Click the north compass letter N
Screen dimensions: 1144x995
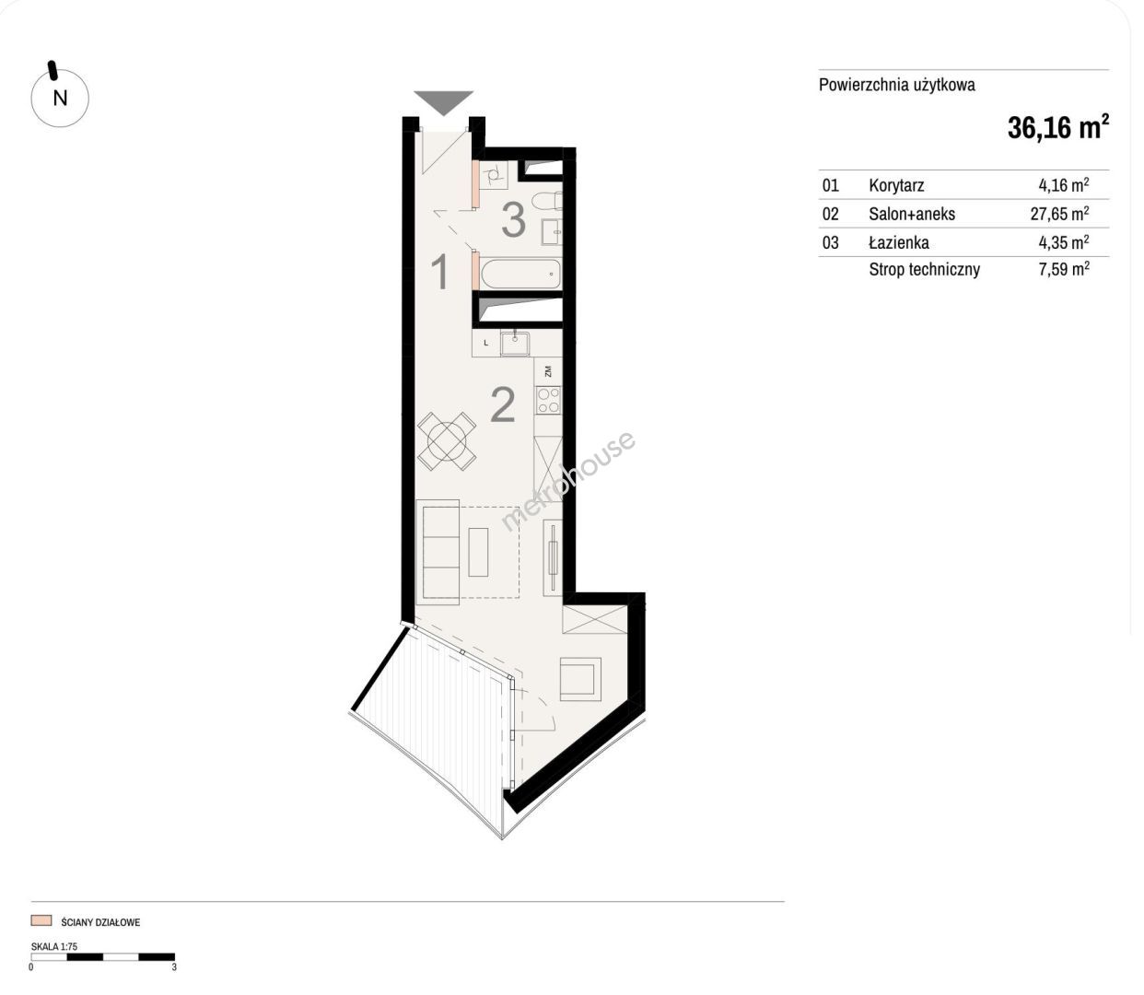coord(60,99)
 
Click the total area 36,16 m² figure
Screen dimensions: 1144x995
coord(1058,127)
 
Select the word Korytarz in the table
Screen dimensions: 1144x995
coord(896,185)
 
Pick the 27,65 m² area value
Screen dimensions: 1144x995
coord(1059,213)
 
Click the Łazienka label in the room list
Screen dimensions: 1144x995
coord(899,242)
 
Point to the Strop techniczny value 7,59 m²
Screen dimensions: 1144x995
coord(1064,269)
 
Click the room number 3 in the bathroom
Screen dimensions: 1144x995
coord(513,220)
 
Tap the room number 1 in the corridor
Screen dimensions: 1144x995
coord(440,272)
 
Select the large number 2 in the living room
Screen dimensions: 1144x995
coord(502,405)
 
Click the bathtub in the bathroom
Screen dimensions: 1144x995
coord(520,274)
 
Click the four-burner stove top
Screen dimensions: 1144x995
coord(548,401)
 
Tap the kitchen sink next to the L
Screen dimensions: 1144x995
coord(515,343)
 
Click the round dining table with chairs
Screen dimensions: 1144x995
coord(447,441)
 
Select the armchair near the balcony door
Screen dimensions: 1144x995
coord(580,679)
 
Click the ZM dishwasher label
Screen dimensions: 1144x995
coord(548,371)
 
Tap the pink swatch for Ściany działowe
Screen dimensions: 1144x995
coord(41,920)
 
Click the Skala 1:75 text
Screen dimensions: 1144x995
coord(54,947)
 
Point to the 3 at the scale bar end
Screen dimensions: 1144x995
coord(174,967)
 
